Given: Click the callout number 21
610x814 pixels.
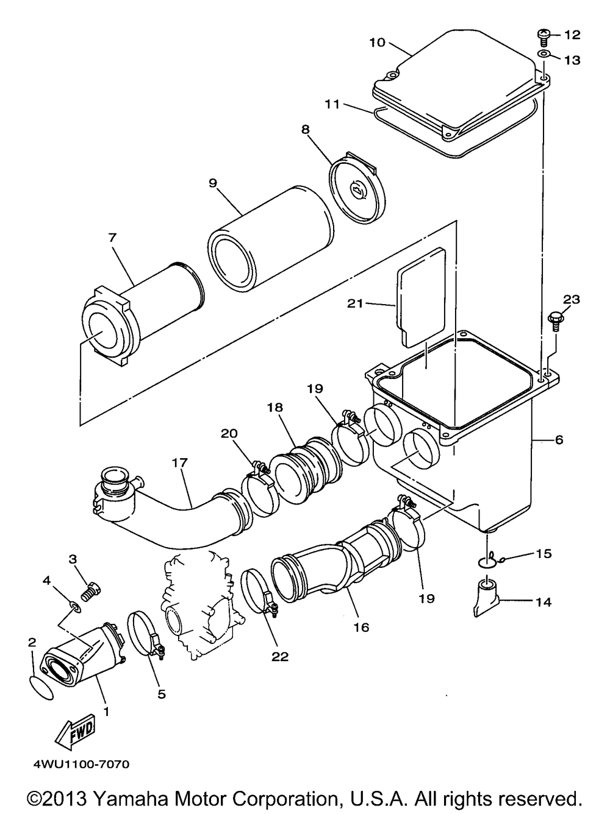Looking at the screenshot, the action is point(355,303).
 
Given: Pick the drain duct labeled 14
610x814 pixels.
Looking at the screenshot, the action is point(487,596).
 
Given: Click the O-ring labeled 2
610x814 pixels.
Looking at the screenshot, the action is point(41,687).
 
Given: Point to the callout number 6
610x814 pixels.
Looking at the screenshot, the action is point(559,440).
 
